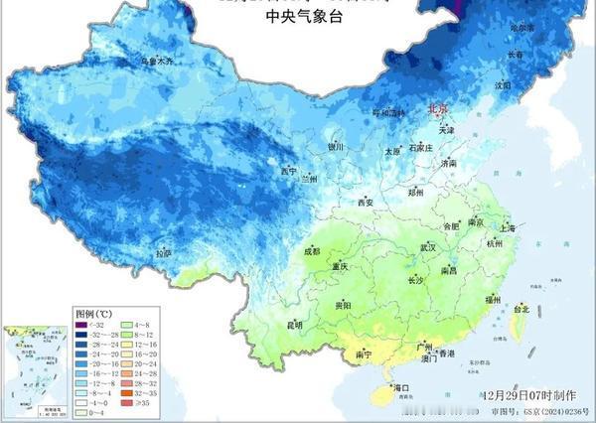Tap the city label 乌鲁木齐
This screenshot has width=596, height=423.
pos(156,61)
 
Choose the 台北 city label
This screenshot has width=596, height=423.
pos(520,310)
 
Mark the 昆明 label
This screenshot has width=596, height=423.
pos(294,325)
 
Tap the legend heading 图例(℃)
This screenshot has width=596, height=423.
pos(95,312)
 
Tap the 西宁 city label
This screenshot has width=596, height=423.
pos(289,171)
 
